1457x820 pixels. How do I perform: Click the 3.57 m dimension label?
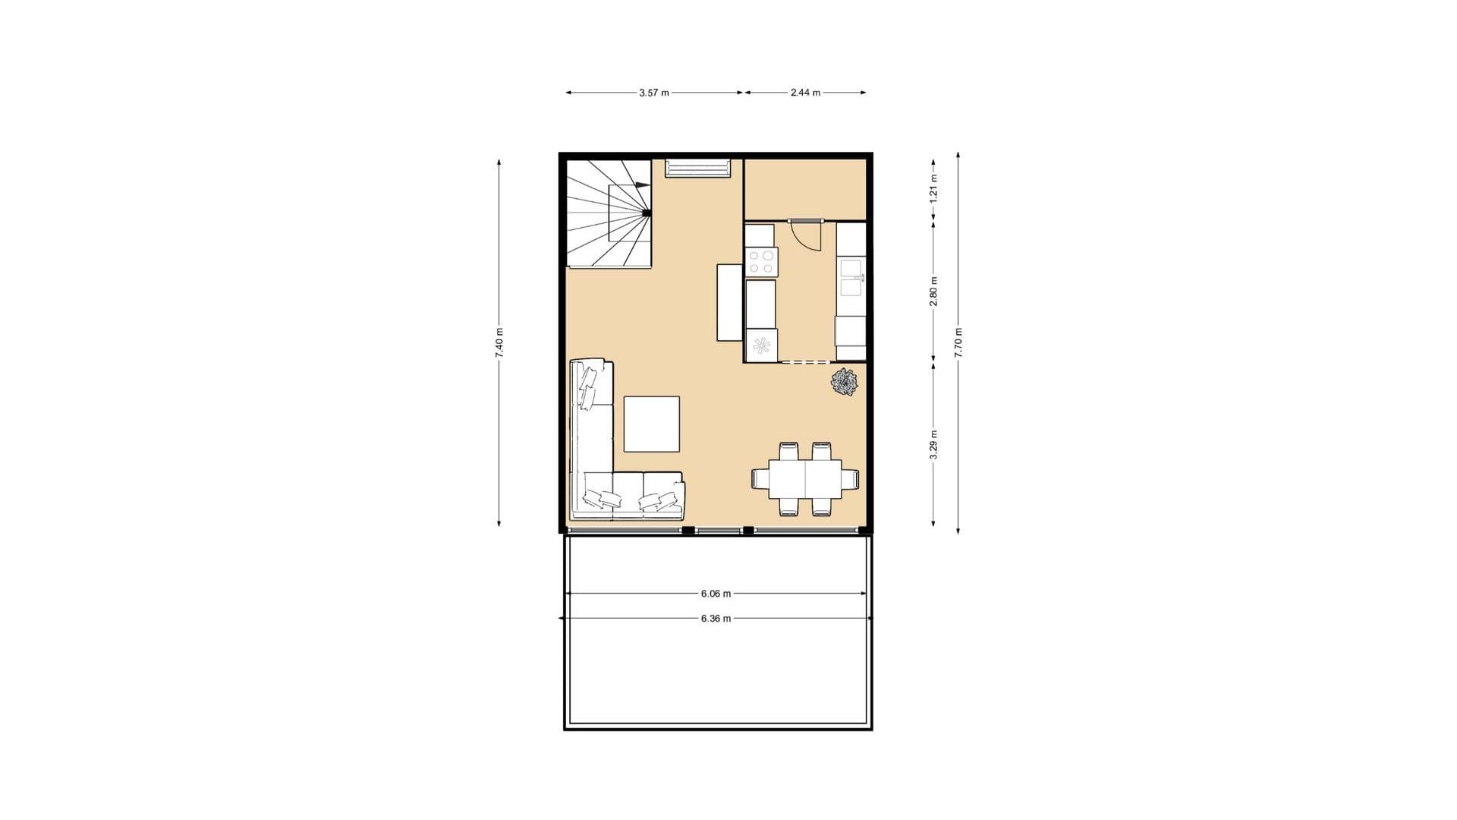[x=654, y=93]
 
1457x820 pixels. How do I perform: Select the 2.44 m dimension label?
[x=805, y=93]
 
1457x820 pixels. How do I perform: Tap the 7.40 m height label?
[x=499, y=342]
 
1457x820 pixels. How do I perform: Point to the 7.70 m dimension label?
[x=958, y=342]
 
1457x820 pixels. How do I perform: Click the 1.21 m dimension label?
[x=934, y=188]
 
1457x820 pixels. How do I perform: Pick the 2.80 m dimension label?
[x=934, y=292]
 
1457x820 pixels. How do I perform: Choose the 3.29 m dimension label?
[x=934, y=445]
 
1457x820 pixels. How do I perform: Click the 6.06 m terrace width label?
[x=716, y=594]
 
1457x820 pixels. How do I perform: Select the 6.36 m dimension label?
[x=716, y=619]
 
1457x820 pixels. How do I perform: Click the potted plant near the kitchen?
[x=844, y=382]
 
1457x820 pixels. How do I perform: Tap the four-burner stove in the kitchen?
[x=761, y=262]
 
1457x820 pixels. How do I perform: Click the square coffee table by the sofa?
[x=652, y=424]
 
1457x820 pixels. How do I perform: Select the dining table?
[x=805, y=478]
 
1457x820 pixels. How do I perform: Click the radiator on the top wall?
[x=698, y=168]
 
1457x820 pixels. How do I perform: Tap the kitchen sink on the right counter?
[x=851, y=278]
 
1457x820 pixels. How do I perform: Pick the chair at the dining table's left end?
[x=760, y=479]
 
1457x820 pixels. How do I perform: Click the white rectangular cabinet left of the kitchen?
[x=730, y=302]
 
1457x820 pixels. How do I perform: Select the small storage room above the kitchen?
[x=805, y=188]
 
